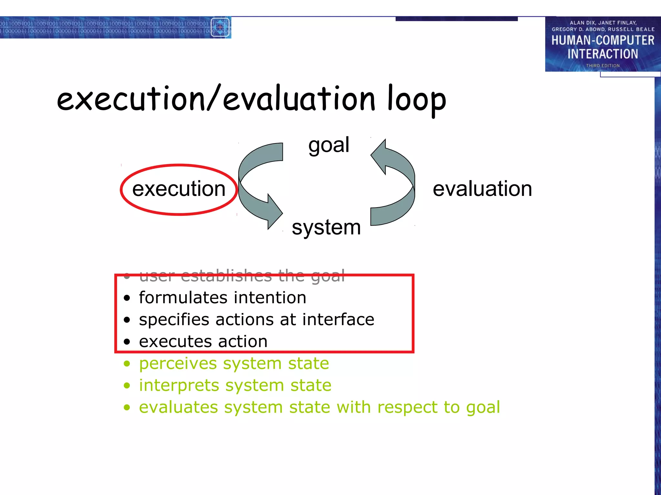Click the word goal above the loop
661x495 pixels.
[329, 145]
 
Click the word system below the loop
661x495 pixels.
[326, 228]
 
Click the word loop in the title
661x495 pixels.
[416, 100]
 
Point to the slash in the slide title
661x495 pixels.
[214, 98]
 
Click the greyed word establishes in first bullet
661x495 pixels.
[227, 276]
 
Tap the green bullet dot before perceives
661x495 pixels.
[127, 364]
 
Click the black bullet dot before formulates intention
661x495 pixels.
[127, 298]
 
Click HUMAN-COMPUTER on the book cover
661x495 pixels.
[603, 41]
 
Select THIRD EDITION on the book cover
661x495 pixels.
[603, 66]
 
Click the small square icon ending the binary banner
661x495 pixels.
[220, 27]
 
